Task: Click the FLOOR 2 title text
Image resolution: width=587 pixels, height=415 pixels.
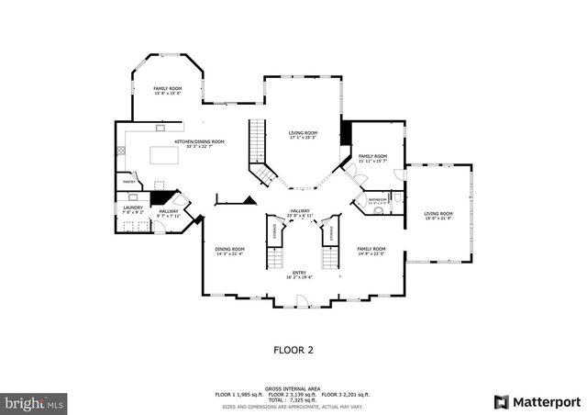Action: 293,350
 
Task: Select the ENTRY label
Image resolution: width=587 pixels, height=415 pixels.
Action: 299,274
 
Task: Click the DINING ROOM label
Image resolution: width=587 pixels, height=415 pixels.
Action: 229,251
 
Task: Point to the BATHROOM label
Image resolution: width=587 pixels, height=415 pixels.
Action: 378,199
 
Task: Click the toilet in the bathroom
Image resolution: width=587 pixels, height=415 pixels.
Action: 379,210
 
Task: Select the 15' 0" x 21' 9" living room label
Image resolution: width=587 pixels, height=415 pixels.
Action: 438,216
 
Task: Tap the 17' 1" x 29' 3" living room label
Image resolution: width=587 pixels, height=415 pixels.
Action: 303,135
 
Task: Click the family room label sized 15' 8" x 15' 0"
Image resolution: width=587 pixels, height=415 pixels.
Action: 167,90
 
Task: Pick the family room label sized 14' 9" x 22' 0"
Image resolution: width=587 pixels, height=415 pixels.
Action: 371,251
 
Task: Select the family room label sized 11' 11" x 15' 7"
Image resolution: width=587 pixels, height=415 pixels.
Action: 372,158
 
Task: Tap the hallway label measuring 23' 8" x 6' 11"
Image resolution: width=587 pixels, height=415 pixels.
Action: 300,213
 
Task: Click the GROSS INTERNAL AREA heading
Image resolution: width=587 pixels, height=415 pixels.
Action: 293,387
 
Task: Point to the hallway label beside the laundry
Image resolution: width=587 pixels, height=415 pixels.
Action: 168,213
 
